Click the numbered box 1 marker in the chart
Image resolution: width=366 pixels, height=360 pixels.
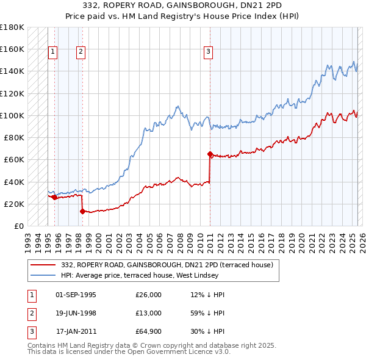coord(53,52)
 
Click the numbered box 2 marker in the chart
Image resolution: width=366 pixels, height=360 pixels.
coord(81,52)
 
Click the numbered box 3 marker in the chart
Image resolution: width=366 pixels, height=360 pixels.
coord(208,52)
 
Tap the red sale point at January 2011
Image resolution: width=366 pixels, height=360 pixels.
coord(210,154)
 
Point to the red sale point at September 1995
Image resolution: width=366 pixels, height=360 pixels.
coord(54,197)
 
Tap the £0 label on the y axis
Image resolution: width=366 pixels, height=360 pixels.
coord(18,226)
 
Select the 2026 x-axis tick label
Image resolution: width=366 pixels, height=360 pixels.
coord(361,239)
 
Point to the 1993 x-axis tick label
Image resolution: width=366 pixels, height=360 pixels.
coord(28,239)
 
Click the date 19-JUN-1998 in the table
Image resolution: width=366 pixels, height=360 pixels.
coord(76,313)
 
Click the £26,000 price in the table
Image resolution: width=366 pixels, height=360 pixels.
coord(148,295)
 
